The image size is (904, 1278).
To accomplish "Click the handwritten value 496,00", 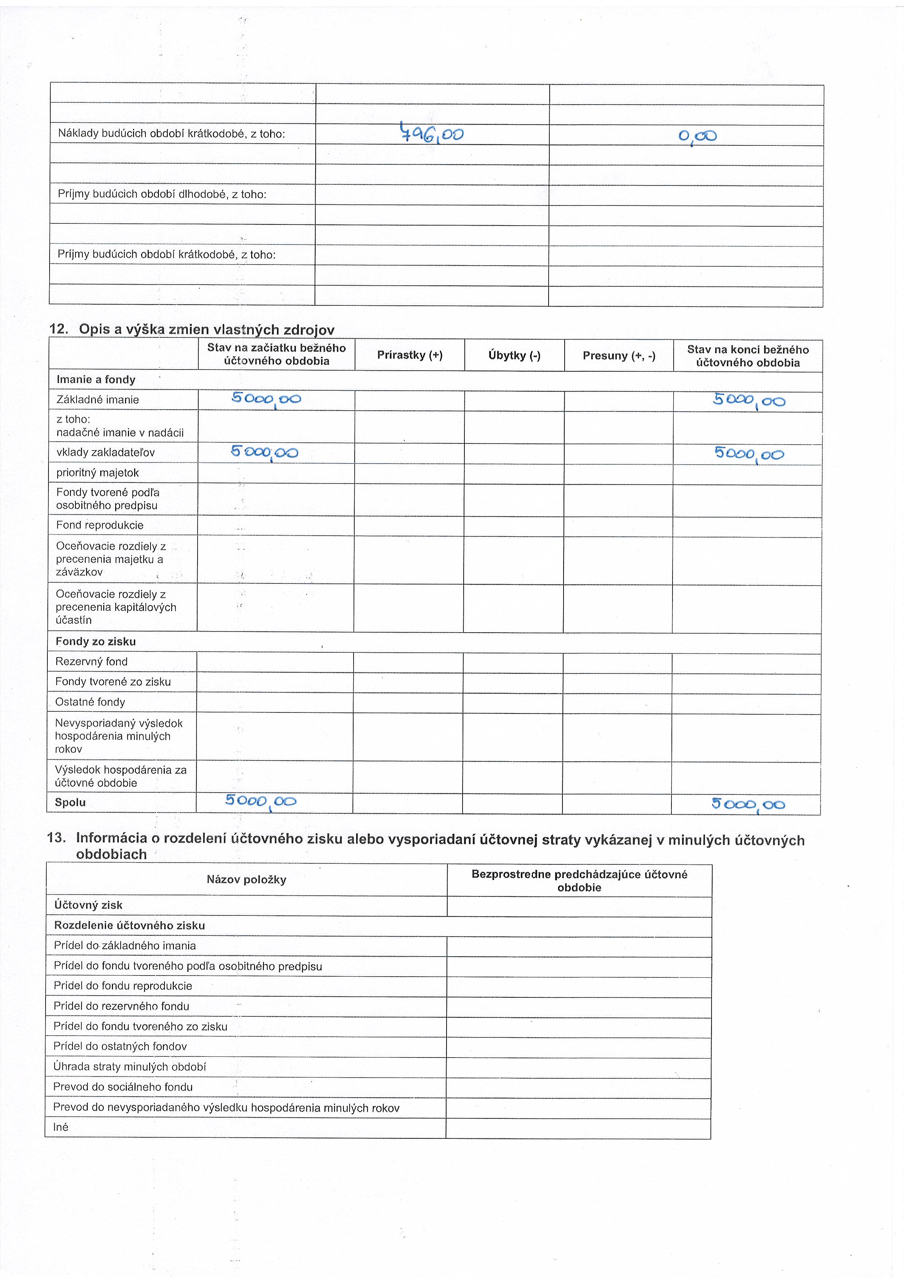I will [432, 134].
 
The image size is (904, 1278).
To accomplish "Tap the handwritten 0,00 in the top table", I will [697, 136].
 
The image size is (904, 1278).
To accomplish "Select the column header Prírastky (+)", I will [410, 355].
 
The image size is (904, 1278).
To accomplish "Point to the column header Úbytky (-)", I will [514, 355].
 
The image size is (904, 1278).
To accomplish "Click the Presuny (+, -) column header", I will [619, 356].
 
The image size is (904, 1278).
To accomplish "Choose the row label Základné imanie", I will [97, 400].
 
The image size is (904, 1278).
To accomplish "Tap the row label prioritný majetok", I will [97, 473].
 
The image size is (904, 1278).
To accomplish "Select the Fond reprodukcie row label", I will [100, 525].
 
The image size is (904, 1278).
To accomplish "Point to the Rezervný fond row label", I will [91, 661].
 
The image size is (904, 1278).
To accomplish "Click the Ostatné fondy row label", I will [90, 702].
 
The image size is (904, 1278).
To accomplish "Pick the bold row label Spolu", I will [70, 802].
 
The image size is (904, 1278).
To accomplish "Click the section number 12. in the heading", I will [58, 329].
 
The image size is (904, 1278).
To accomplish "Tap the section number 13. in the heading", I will [57, 838].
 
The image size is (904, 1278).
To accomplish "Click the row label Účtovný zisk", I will [88, 905].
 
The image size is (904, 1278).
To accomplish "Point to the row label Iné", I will [61, 1127].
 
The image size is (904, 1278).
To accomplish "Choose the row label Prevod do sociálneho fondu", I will [122, 1087].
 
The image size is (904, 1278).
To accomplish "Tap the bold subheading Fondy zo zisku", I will [95, 641].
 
